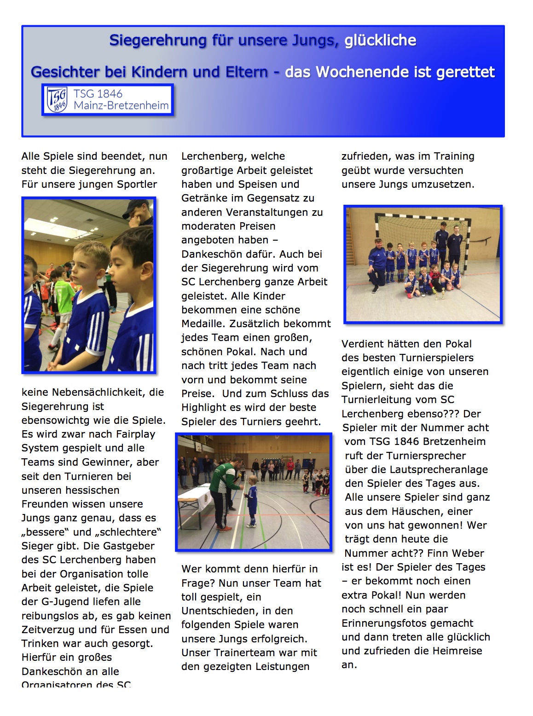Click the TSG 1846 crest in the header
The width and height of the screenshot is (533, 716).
point(58,99)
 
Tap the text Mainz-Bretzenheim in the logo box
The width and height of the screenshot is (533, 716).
point(121,106)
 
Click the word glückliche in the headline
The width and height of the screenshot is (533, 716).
point(380,40)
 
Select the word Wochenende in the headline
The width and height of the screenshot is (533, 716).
point(362,72)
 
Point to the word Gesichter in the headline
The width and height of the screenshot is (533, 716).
point(65,72)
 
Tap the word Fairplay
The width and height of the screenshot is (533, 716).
point(134,434)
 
